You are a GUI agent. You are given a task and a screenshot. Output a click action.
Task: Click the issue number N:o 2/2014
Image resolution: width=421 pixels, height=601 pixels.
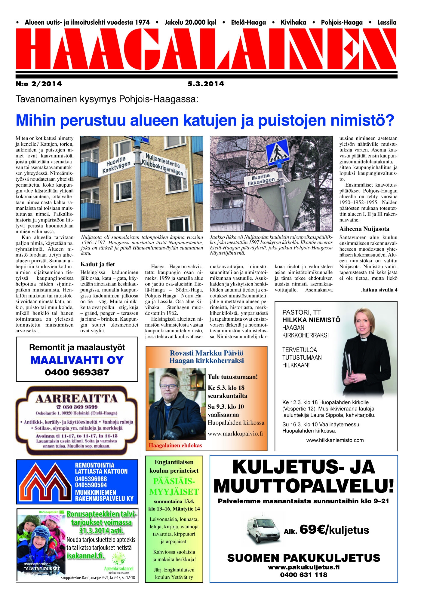point(38,84)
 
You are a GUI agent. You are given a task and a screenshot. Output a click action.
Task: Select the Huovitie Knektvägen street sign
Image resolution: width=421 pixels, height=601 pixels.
point(117,165)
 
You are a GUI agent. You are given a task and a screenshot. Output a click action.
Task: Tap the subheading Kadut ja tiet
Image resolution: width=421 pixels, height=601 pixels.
point(98,264)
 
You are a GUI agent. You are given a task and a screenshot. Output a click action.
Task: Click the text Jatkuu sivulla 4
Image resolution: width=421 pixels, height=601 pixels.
point(379,290)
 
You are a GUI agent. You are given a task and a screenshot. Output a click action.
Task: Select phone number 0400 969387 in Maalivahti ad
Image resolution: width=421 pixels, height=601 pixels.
point(77,373)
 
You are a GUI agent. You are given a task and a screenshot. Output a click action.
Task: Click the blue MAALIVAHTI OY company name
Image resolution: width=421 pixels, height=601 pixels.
point(77,360)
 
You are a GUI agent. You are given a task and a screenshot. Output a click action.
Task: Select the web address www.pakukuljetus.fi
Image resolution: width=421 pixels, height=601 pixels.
point(303,567)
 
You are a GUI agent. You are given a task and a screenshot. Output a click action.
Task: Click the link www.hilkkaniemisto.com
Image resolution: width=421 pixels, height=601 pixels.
point(335,440)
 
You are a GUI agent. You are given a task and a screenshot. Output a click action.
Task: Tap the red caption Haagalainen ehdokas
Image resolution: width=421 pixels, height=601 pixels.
point(176,445)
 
